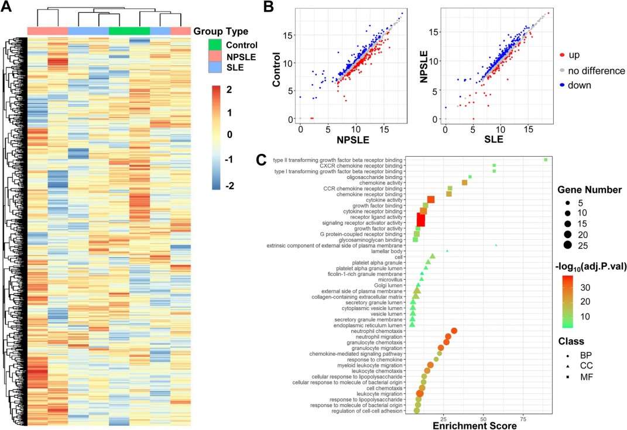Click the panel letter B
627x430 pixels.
coord(268,8)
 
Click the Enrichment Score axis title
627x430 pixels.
coord(475,425)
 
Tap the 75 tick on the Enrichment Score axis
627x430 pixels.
coord(523,418)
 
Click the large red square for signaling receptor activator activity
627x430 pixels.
coord(420,223)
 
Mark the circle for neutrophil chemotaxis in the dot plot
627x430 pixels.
coord(454,331)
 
